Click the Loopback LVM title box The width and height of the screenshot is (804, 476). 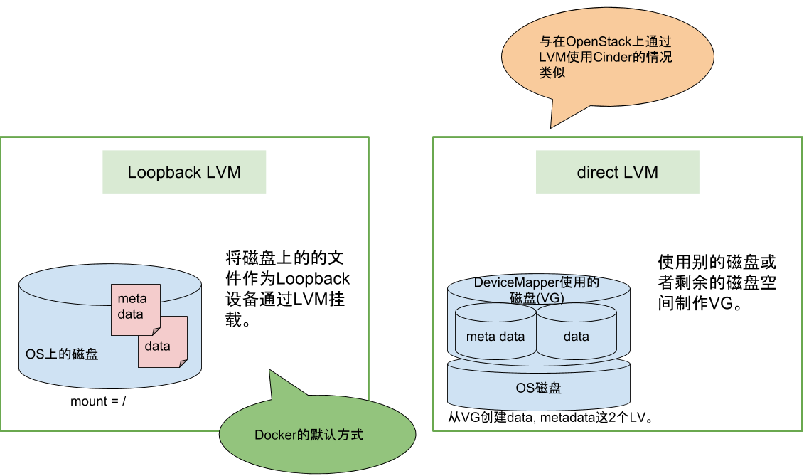coord(184,171)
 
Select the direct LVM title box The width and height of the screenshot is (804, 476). coord(617,171)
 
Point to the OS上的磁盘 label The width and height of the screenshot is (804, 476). coord(57,353)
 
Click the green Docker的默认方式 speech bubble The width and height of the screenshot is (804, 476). coord(317,434)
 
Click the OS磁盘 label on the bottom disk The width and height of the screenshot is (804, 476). coord(538,388)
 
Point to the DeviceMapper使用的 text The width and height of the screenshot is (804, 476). coord(537,282)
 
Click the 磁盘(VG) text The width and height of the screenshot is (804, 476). coord(537,298)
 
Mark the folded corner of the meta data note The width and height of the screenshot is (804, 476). coord(156,331)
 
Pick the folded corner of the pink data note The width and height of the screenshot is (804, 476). coord(183,364)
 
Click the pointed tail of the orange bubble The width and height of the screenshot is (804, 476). coord(553,125)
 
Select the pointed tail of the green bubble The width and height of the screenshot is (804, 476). coord(272,373)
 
